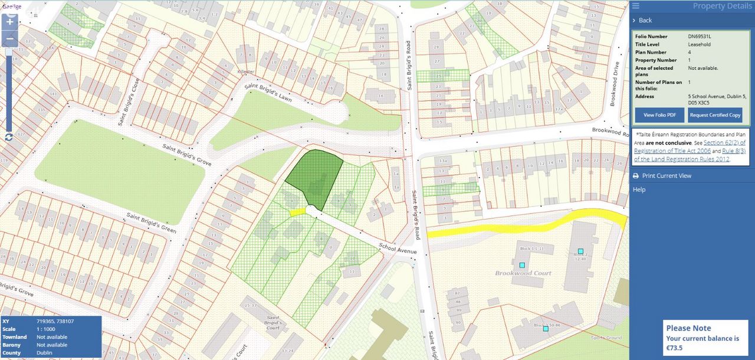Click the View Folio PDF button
(659, 115)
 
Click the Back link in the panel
(645, 20)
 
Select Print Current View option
(667, 176)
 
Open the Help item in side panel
(639, 189)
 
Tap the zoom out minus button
(9, 40)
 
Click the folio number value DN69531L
(700, 37)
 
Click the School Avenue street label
(398, 248)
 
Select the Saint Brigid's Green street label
(152, 221)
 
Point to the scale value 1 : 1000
(47, 329)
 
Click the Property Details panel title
(722, 6)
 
